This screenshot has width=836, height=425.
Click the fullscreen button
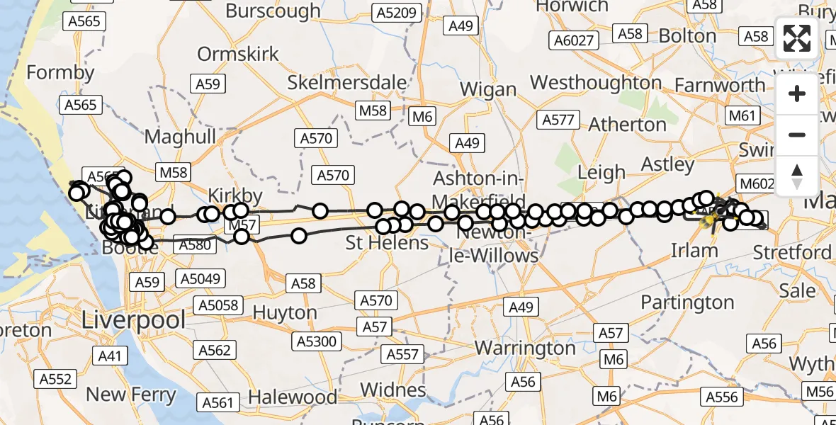pyautogui.click(x=797, y=38)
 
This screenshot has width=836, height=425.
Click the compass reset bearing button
pyautogui.click(x=797, y=176)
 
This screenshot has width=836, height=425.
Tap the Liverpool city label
pyautogui.click(x=134, y=319)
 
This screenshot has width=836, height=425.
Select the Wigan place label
pyautogui.click(x=488, y=90)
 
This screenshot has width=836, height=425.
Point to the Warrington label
pyautogui.click(x=525, y=348)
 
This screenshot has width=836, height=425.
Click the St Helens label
pyautogui.click(x=387, y=243)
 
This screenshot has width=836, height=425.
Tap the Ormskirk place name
pyautogui.click(x=238, y=54)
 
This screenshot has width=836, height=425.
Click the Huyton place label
pyautogui.click(x=285, y=312)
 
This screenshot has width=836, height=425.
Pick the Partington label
pyautogui.click(x=687, y=302)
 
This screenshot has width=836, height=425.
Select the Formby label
pyautogui.click(x=60, y=72)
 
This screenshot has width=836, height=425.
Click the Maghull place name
pyautogui.click(x=180, y=137)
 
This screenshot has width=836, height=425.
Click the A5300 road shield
pyautogui.click(x=317, y=341)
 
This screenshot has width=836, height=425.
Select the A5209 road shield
pyautogui.click(x=400, y=12)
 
